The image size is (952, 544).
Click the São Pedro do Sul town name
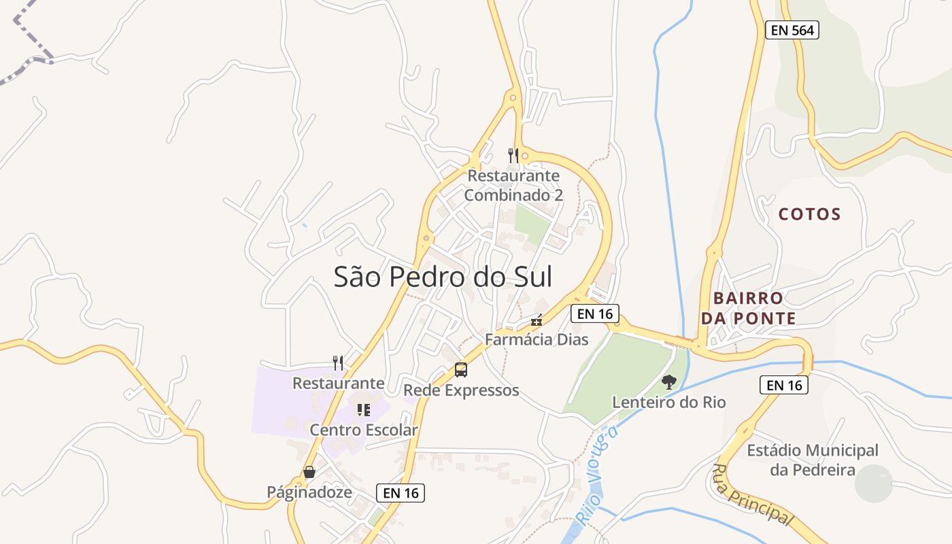443,277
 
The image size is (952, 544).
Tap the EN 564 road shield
792,30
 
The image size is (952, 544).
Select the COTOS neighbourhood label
809,214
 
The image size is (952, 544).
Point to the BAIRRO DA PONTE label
754,308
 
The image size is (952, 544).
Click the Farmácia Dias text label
537,339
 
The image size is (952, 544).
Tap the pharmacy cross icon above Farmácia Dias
537,320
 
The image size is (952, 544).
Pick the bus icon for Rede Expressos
461,370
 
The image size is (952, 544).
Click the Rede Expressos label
461,390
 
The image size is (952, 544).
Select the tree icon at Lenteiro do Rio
669,382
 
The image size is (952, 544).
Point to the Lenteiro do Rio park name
669,402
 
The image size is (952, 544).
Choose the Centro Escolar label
364,430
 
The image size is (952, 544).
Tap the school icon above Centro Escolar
364,409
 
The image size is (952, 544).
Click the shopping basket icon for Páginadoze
309,472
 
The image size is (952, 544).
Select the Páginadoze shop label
309,492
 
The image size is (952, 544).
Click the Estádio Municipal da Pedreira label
813,460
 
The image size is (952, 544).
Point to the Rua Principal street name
753,494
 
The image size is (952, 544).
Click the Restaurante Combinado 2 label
513,185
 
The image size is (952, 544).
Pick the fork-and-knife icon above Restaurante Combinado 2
513,156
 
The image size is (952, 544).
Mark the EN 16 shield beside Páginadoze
401,493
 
